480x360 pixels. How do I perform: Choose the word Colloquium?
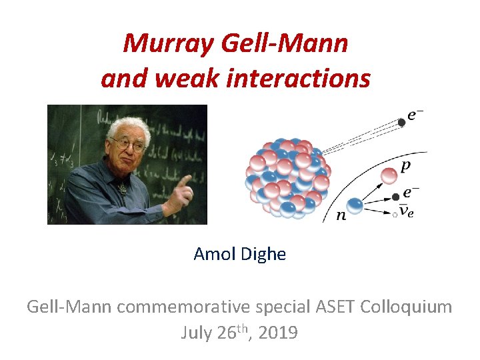point(405,307)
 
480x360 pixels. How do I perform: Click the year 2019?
point(276,333)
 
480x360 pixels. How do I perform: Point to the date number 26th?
point(231,332)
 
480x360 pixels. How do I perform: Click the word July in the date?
point(197,333)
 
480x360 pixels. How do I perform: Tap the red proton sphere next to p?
point(388,175)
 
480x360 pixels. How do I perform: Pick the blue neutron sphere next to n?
point(355,206)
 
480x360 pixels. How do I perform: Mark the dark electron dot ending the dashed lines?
point(401,122)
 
